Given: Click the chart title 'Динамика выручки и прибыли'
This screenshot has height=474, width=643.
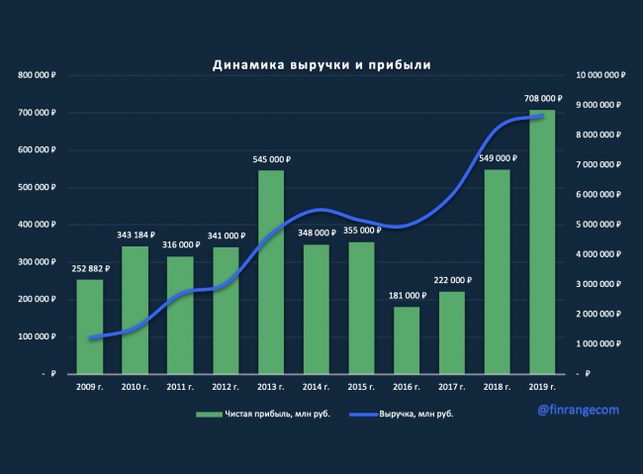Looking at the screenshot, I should [321, 65].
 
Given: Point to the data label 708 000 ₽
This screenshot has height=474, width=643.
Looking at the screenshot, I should [542, 99].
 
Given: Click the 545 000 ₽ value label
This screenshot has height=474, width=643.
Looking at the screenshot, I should [271, 159].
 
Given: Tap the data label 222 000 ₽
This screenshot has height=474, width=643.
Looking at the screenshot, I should [452, 281].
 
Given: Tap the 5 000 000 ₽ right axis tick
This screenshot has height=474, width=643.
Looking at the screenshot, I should [601, 225].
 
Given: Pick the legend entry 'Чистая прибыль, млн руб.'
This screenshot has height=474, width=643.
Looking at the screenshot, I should [251, 414].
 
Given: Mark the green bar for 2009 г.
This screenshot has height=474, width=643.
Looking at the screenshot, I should [90, 327].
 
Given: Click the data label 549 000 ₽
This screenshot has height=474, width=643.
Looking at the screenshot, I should [498, 158].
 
